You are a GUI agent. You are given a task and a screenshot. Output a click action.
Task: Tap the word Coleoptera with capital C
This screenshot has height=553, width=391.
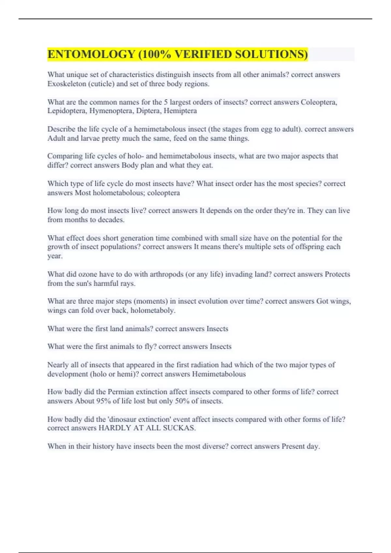coord(318,102)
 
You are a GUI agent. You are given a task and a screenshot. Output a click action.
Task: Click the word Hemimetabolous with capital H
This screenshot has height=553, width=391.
coord(219,374)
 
